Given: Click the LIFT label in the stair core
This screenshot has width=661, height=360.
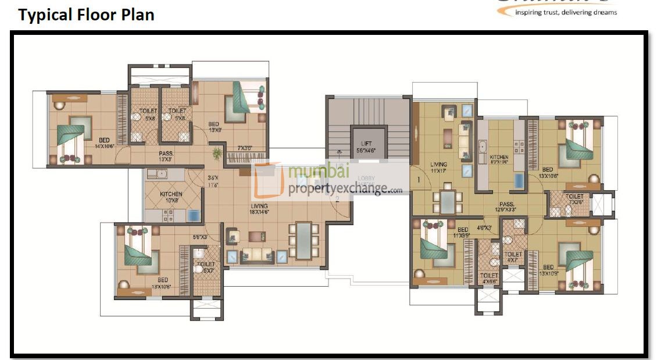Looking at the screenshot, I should coord(366,145).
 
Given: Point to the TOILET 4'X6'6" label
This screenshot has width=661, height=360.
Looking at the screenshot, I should coord(489,279).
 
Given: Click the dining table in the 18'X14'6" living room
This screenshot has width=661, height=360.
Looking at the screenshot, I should coord(303,240).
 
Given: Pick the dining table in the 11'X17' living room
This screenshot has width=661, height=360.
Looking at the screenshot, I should coord(448,202).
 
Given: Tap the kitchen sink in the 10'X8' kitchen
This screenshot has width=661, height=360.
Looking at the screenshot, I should coord(156,173).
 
